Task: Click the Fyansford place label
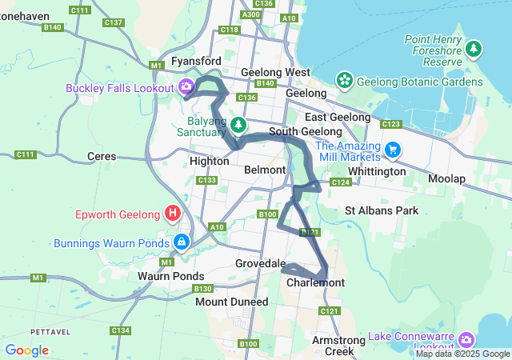click(x=197, y=61)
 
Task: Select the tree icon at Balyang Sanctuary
click(x=238, y=125)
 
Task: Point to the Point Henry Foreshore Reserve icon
click(x=474, y=50)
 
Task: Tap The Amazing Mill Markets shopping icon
click(x=393, y=150)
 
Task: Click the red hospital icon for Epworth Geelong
click(x=172, y=214)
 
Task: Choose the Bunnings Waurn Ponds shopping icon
click(x=182, y=242)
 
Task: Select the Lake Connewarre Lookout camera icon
click(x=466, y=341)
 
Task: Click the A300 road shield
click(x=250, y=14)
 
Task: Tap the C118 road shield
click(x=229, y=30)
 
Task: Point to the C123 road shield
click(x=391, y=124)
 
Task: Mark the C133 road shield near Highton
click(x=206, y=180)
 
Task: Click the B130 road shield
click(x=202, y=288)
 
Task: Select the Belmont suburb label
click(x=265, y=170)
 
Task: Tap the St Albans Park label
click(x=382, y=210)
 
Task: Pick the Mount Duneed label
click(x=232, y=302)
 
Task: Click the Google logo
click(x=26, y=350)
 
